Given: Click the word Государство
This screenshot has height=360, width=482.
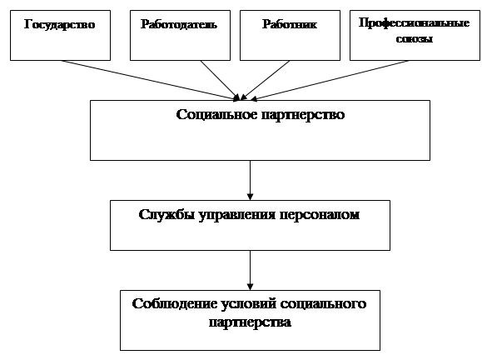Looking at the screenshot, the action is coord(60,25).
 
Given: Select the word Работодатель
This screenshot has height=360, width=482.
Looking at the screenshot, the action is coord(179,24).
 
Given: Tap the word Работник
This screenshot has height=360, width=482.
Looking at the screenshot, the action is coord(289,24).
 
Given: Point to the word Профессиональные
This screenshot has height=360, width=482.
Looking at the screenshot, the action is coord(414,23).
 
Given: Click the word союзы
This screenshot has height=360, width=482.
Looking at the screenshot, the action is coord(415,39).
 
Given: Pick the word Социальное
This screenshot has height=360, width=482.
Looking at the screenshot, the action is coord(216,114).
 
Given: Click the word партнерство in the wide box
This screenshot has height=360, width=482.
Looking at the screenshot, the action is coord(303,115).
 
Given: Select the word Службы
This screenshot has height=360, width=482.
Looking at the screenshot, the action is coord(166,214).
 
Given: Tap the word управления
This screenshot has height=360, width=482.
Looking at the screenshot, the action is coord(237,215).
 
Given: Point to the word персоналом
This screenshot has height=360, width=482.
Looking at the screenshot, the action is coord(320,215).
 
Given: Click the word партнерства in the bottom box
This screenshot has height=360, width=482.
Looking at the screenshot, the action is coord(250,323).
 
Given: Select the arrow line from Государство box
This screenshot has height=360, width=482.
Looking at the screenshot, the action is coord(150,80).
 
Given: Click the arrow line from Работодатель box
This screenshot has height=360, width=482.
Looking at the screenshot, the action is coord(220,80).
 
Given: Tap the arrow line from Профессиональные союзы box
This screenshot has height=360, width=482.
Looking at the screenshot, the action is coord(330,80).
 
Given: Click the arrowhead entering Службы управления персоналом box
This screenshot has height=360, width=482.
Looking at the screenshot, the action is coord(250,197).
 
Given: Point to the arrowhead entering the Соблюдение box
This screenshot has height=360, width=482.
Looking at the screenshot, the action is coord(250,287).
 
